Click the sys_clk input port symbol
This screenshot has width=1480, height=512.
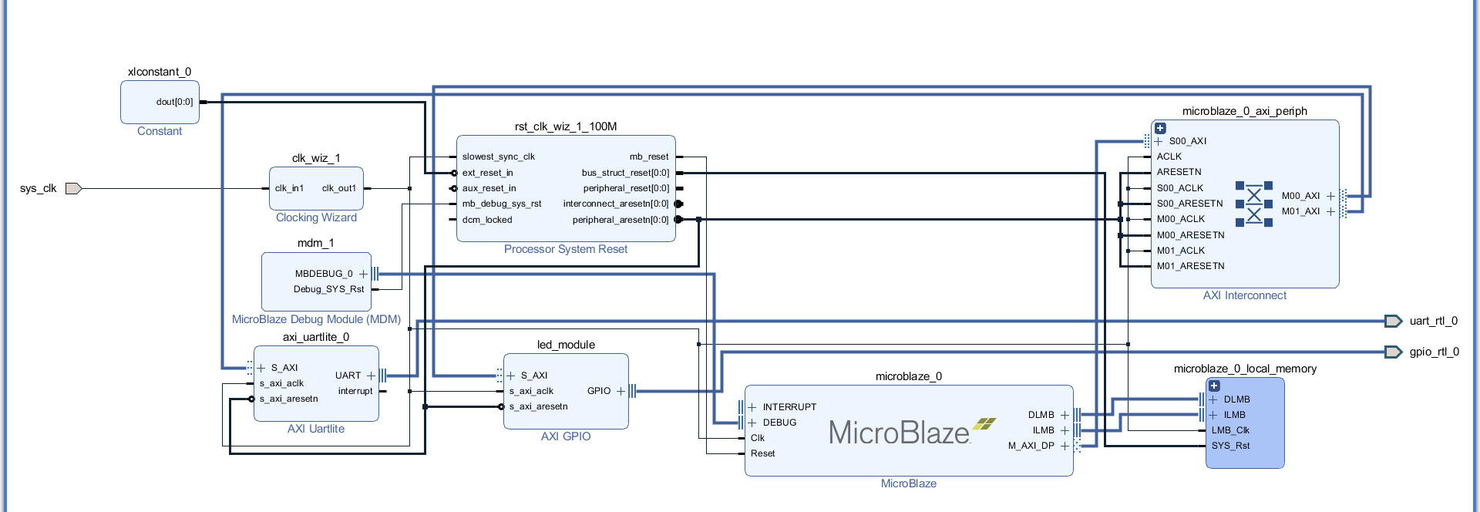coord(73,188)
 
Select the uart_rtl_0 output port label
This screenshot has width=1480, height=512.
coord(1433,321)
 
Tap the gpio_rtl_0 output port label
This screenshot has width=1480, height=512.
coord(1434,352)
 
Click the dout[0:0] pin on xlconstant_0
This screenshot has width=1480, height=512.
coord(175,102)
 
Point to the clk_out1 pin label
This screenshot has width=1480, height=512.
coord(339,188)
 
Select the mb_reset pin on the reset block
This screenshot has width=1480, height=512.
coord(649,157)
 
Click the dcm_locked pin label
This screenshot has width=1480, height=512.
coord(487,220)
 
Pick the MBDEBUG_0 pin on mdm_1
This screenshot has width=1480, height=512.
coord(324,274)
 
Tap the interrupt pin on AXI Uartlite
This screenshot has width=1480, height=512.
coord(355,391)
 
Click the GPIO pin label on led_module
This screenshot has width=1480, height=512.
coord(599,391)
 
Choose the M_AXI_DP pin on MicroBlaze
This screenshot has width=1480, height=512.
coord(1031,446)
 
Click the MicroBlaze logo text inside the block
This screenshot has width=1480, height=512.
coord(900,433)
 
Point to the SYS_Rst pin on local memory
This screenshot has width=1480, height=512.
coord(1230,446)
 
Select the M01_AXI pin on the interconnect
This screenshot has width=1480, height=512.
coord(1301,211)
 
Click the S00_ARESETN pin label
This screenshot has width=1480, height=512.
coord(1189,204)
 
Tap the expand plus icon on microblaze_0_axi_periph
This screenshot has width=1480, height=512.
coord(1160,128)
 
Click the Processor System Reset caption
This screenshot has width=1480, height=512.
coord(566,249)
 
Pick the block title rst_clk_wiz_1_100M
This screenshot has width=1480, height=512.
coord(566,126)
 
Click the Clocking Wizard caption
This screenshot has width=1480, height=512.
coord(316,217)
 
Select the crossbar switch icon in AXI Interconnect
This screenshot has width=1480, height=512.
coord(1254,204)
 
